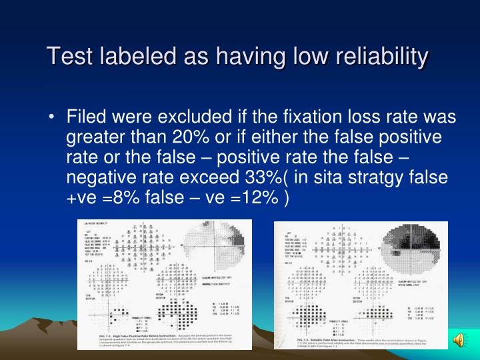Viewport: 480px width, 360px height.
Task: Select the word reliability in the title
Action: [x=372, y=56]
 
